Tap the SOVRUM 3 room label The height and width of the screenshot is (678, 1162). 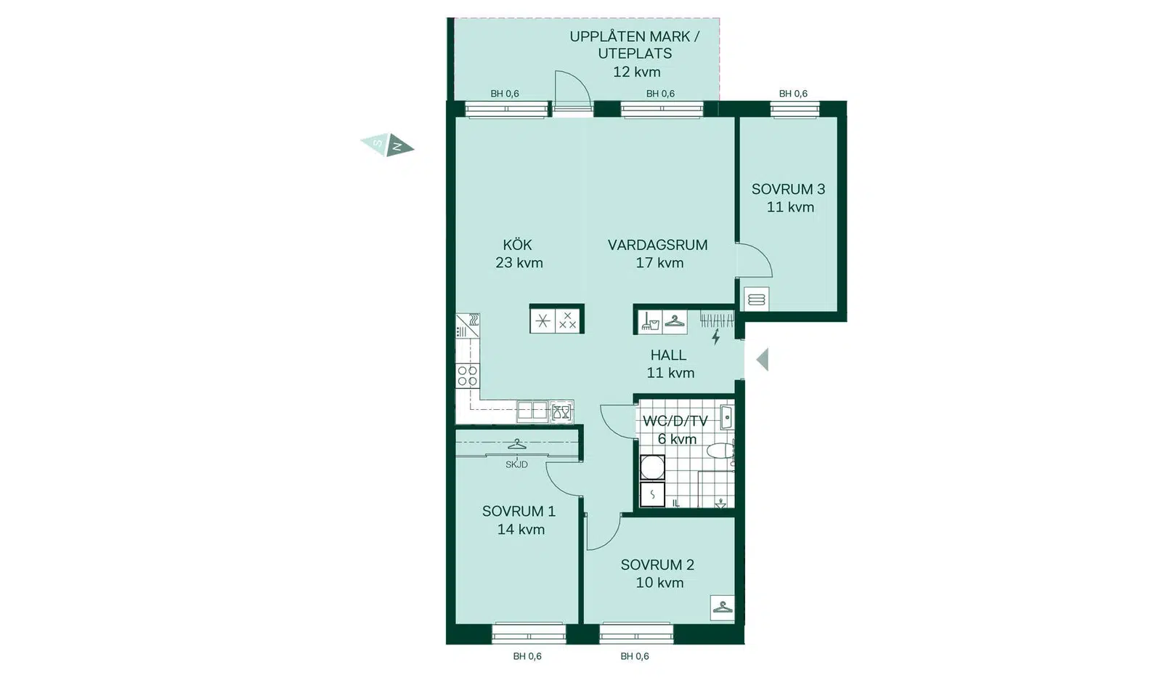788,189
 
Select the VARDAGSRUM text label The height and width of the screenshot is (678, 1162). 657,244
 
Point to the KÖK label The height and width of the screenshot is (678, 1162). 517,244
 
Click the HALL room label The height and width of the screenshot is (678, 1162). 668,355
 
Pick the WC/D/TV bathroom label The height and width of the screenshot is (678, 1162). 675,421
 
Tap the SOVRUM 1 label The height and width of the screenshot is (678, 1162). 519,512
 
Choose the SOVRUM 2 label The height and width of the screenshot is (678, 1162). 657,565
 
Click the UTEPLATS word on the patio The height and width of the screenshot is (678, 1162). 635,54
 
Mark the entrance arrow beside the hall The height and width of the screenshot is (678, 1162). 763,360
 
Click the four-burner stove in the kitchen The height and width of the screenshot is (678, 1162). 468,376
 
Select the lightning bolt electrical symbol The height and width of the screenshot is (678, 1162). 716,337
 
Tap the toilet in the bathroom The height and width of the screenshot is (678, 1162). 722,451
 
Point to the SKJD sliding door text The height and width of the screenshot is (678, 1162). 516,464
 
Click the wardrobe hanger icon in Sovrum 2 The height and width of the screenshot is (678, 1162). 722,608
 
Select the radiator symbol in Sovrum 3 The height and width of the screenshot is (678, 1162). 756,299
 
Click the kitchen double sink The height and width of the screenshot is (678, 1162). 532,411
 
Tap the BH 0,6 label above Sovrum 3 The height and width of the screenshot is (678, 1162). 793,94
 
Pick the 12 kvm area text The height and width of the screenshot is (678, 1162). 636,72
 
